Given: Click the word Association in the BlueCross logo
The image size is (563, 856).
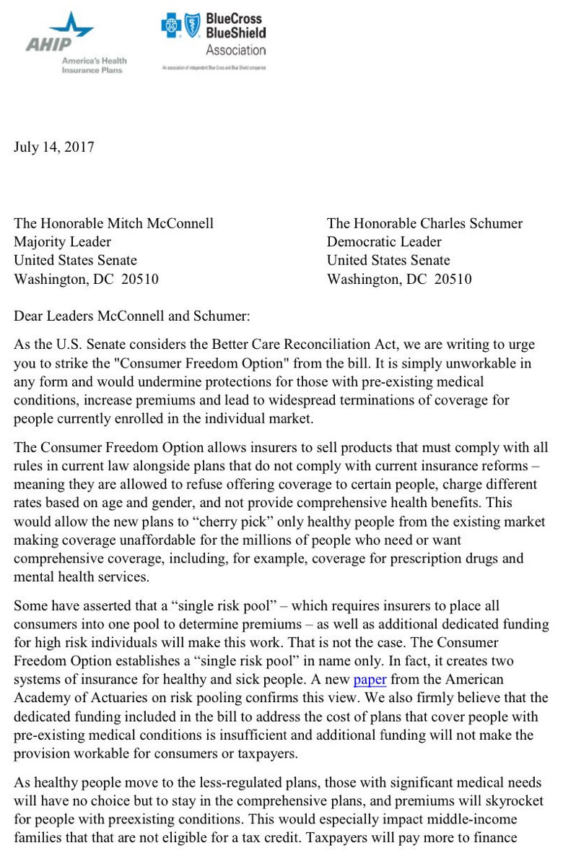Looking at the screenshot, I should point(235,51).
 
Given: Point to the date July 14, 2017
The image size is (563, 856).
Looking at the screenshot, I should point(54,147).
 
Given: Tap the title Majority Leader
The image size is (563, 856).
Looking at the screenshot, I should point(63,242).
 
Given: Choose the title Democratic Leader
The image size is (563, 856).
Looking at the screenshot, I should point(384,242).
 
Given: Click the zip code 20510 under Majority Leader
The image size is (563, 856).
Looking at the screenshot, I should point(139,280).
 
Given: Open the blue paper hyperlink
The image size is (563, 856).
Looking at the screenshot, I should point(370,680).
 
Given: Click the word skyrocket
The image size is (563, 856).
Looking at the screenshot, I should point(514,801).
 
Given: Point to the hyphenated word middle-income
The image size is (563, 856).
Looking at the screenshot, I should point(449,820).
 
